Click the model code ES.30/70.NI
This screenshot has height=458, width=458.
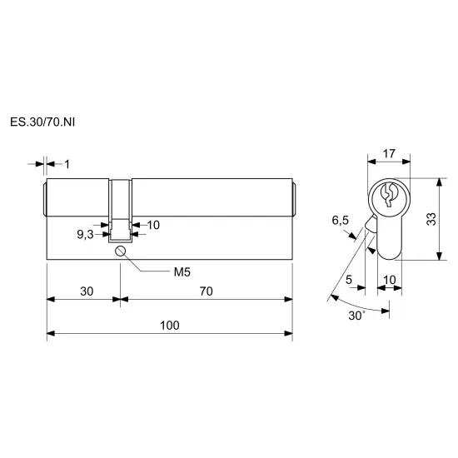click(42, 122)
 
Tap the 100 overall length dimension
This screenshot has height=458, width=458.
click(170, 326)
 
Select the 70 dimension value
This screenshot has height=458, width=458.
click(207, 291)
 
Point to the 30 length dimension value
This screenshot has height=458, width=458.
click(87, 291)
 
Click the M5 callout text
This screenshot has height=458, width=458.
click(182, 272)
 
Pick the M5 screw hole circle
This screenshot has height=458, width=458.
click(120, 251)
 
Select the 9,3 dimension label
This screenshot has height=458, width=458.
click(85, 234)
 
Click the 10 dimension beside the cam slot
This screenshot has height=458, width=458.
click(153, 225)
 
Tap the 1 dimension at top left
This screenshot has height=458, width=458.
click(67, 164)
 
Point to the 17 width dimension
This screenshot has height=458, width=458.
click(389, 154)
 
